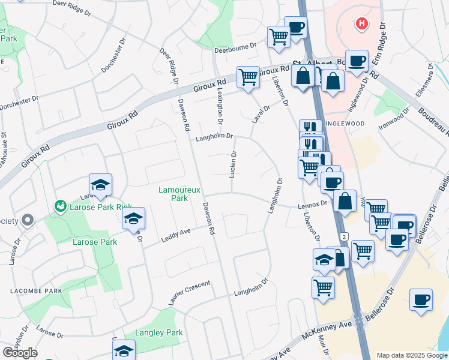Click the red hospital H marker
pyautogui.click(x=361, y=23)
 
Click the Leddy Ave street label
pyautogui.click(x=175, y=235)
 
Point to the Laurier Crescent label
pyautogui.click(x=190, y=293)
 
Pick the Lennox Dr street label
pyautogui.click(x=312, y=204)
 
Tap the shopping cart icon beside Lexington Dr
pyautogui.click(x=248, y=77)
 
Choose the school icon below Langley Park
pyautogui.click(x=124, y=350)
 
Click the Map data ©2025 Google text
pyautogui.click(x=411, y=355)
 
